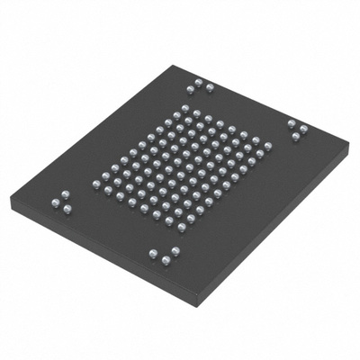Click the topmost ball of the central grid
184,109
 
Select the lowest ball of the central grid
181,228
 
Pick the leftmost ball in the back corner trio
190,89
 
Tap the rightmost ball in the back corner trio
210,87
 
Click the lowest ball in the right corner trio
296,137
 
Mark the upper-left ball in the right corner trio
291,122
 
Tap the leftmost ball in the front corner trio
154,254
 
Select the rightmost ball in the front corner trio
175,251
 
